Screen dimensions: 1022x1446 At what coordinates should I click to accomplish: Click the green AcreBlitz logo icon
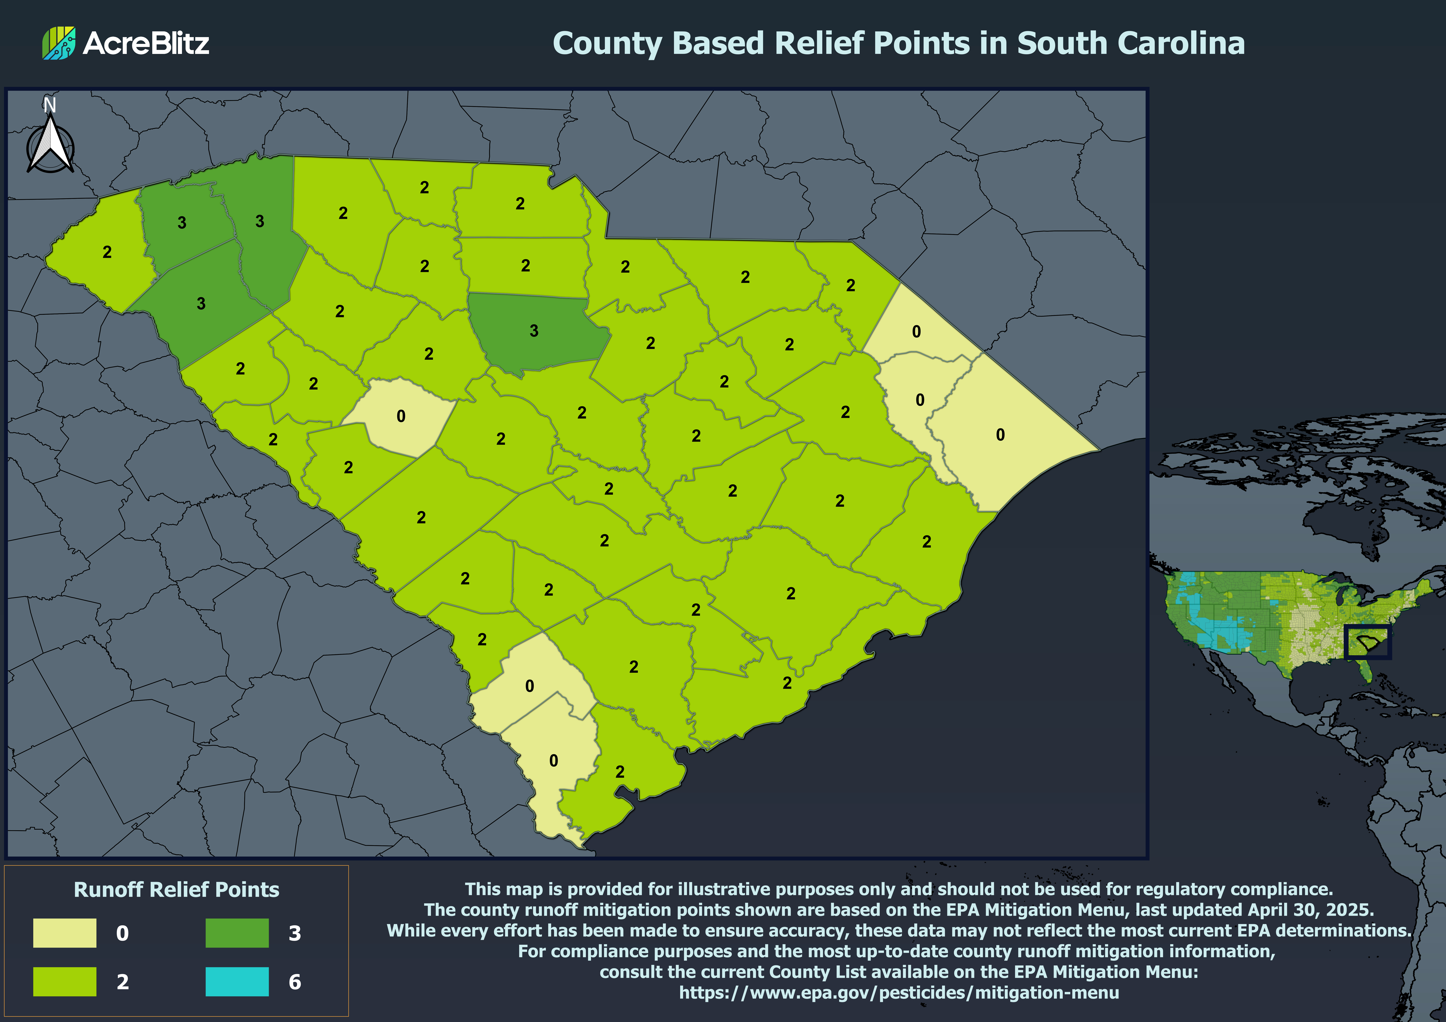(59, 43)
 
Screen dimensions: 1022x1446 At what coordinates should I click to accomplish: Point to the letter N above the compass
(50, 105)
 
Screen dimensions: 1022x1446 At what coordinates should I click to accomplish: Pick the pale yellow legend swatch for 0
(65, 933)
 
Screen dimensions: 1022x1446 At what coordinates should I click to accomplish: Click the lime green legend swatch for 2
(65, 981)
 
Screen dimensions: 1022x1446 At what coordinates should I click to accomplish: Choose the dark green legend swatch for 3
(237, 933)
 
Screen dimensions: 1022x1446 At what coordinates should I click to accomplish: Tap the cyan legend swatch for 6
(237, 981)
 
